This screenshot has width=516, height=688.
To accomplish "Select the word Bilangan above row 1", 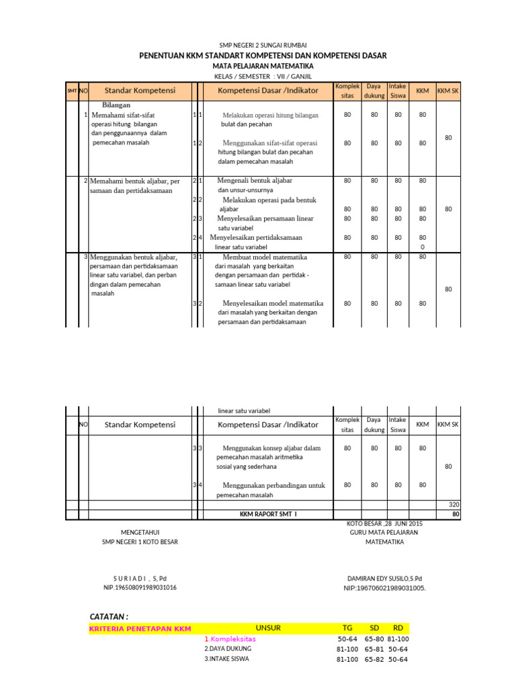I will click(116, 105).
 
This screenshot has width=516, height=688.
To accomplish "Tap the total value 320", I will click(454, 504).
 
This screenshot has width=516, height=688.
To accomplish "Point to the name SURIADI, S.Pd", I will click(140, 578).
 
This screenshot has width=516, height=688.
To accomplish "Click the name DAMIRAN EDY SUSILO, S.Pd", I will click(384, 578).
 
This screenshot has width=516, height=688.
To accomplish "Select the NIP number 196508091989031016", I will click(140, 588).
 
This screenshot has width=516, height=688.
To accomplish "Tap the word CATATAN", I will click(109, 617).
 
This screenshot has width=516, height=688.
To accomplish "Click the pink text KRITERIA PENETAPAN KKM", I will click(140, 629).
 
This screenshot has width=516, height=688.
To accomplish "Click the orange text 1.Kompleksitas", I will click(230, 640).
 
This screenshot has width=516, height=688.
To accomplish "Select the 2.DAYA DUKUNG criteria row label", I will click(228, 649).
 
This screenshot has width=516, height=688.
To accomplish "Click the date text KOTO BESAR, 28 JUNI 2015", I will click(384, 523).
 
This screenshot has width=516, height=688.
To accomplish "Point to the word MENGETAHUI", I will click(140, 532).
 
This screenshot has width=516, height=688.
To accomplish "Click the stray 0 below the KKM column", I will click(422, 247).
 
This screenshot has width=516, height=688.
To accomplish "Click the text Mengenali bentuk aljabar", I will click(255, 181).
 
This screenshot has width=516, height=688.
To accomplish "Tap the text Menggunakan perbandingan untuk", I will click(273, 485).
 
